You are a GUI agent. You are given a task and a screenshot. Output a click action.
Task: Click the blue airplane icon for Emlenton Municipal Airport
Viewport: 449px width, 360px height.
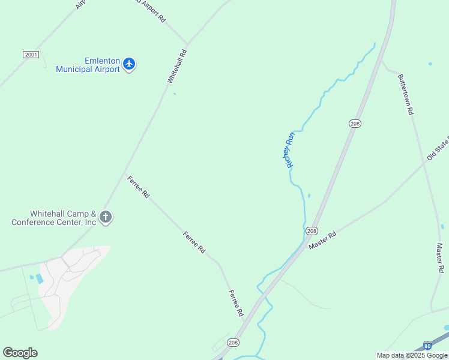129,64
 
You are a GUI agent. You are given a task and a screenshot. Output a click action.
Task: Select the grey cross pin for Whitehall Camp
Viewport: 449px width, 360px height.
106,217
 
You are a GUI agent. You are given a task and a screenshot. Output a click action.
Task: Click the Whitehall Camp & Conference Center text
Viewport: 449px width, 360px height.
54,218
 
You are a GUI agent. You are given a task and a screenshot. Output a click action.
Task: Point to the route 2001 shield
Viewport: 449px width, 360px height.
31,55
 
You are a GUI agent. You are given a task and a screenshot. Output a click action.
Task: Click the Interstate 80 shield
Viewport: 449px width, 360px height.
427,346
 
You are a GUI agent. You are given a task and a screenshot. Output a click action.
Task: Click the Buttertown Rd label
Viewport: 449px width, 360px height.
406,94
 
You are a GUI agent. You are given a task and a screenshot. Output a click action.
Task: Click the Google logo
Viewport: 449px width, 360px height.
20,353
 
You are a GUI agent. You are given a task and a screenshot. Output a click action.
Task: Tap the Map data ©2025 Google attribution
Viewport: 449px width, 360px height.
412,355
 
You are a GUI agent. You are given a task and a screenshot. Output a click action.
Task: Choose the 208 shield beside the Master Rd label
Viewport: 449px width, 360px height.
312,231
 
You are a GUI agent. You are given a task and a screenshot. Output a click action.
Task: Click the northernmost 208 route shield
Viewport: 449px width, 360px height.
355,123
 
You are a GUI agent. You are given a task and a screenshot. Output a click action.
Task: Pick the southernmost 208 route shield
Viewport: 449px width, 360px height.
234,342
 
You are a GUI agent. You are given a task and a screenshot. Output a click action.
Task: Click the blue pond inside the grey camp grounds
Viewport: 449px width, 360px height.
40,278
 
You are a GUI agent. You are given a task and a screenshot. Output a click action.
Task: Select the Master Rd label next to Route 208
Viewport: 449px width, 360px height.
322,241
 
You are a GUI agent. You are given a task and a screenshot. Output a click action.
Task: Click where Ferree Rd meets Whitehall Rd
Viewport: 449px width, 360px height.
126,175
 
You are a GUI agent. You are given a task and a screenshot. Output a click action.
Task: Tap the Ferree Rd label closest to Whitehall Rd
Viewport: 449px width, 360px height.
138,187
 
